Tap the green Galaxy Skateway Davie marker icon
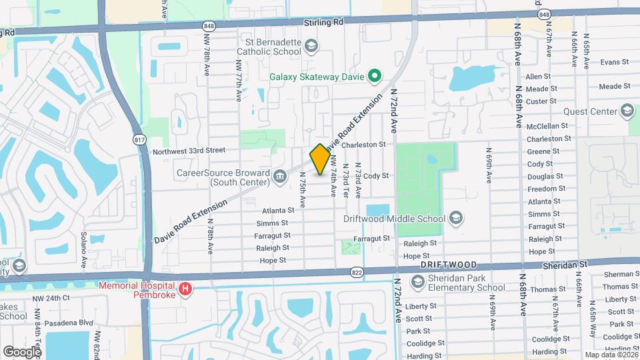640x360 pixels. [x=375, y=76]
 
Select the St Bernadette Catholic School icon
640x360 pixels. [x=311, y=45]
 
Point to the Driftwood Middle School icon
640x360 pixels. [x=456, y=218]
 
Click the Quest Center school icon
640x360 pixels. [x=627, y=110]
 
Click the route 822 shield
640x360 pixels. [x=359, y=272]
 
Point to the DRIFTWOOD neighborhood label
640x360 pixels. [x=448, y=265]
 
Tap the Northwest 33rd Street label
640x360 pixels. [x=189, y=151]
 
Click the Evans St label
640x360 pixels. [x=615, y=62]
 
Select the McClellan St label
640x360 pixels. [x=547, y=125]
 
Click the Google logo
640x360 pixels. [x=22, y=351]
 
